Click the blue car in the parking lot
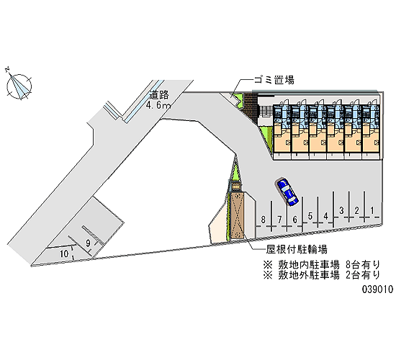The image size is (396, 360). click(288, 192)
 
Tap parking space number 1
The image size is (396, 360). click(372, 210)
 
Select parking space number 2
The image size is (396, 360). click(356, 210)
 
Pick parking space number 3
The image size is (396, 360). click(341, 210)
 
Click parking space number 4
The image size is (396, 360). click(325, 216)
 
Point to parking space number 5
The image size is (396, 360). click(310, 216)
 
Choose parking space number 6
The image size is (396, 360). click(294, 220)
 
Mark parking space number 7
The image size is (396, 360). click(279, 220)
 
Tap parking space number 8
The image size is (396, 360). click(264, 220)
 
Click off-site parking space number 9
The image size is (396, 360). click(88, 243)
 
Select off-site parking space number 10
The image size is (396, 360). click(64, 253)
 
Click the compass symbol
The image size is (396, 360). click(19, 85)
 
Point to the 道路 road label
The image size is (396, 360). click(159, 95)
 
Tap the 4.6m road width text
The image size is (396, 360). click(158, 105)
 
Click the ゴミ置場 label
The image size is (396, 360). click(274, 80)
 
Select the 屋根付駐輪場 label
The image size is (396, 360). click(297, 249)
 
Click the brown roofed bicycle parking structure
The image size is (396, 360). click(237, 215)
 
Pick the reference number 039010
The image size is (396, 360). click(378, 289)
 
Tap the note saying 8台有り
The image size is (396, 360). click(362, 265)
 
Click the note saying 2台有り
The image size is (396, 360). click(362, 275)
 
